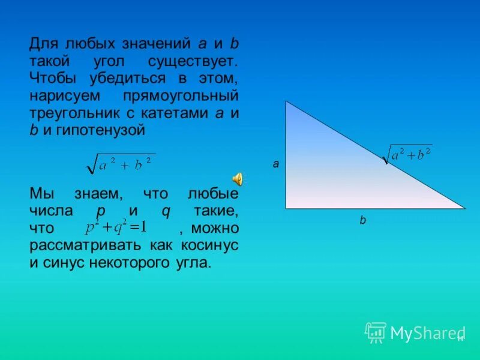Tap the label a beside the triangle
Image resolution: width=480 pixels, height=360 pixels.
276,163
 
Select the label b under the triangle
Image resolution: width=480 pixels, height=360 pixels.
362,220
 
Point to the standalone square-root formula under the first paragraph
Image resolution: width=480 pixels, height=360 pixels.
121,163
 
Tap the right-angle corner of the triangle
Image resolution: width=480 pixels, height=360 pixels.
286,208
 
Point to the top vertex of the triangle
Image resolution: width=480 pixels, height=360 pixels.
286,102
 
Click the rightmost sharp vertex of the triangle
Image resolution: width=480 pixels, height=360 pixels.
464,208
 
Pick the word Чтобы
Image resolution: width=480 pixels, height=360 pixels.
51,79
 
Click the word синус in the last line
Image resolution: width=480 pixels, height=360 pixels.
67,262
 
